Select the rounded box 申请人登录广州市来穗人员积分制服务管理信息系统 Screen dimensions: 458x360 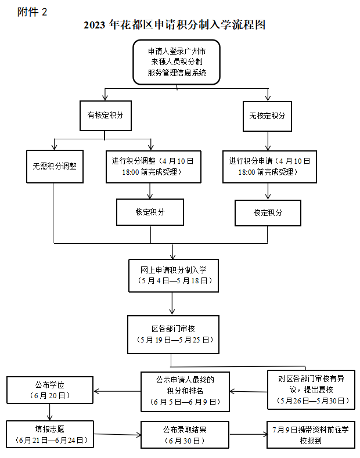tap(177, 61)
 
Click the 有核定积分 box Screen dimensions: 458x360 tap(105, 116)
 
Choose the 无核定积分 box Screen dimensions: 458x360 tap(267, 116)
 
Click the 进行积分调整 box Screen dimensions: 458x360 tap(153, 167)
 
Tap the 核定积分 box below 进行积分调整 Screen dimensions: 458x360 tap(150, 212)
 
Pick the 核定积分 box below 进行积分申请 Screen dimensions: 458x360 tap(268, 212)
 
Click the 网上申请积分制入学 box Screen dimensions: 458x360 tap(173, 276)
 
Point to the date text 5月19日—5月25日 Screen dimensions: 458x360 tap(173, 340)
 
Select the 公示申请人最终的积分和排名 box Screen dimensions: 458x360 tap(185, 390)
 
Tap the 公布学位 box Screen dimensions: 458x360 tap(49, 390)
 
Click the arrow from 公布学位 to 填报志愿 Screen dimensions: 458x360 tap(50, 412)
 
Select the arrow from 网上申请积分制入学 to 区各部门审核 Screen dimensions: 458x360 tap(173, 304)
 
